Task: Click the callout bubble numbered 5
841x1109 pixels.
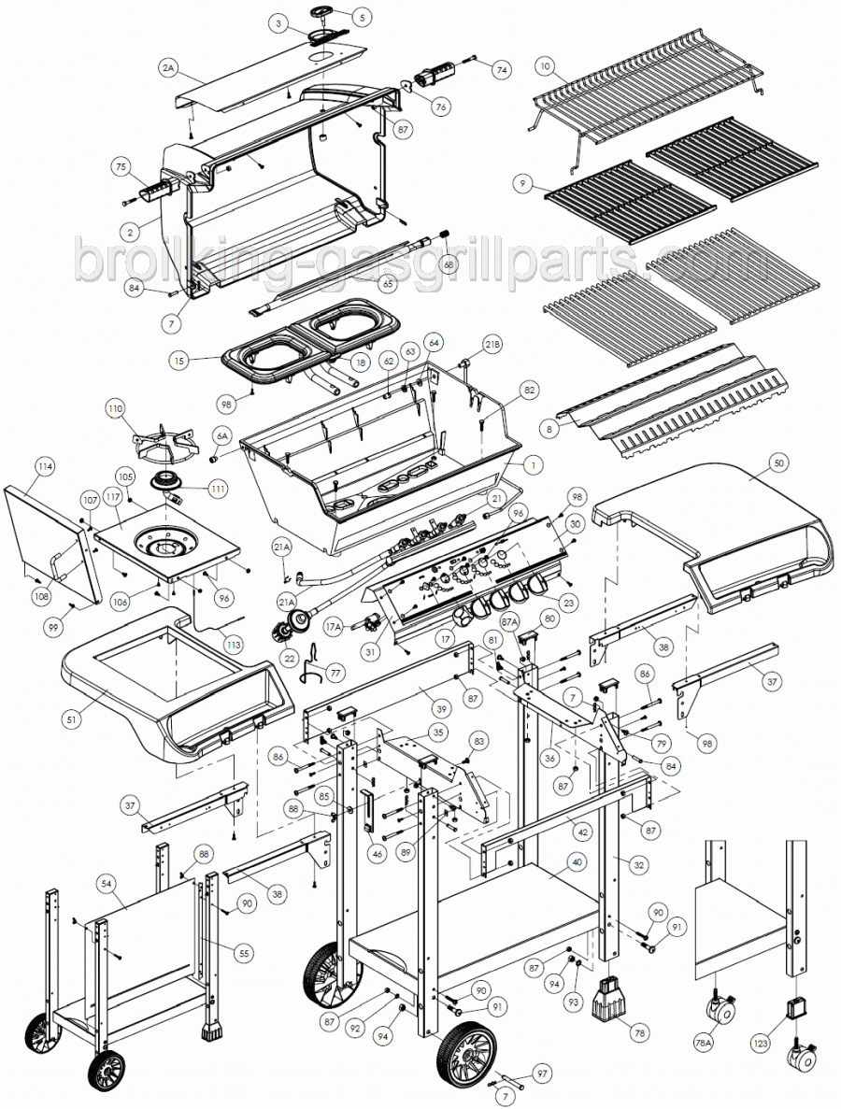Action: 362,16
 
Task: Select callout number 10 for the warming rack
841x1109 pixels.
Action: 547,66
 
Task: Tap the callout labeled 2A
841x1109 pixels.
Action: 168,67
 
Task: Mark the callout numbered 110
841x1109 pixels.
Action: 115,409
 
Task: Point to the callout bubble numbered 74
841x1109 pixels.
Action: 502,69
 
